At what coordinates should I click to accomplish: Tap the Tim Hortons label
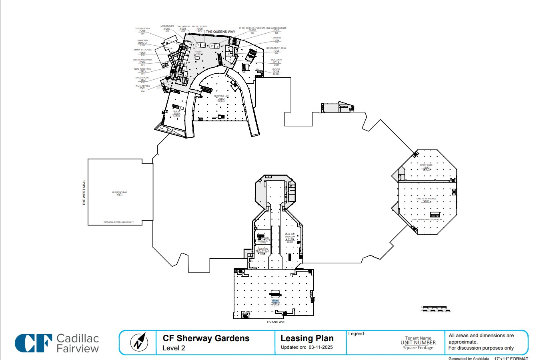142,86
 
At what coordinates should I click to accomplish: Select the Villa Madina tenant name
142,28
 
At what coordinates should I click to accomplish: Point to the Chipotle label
276,38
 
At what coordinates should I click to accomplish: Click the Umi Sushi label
276,60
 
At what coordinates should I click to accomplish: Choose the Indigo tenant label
276,69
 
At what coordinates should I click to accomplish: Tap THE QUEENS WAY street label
220,32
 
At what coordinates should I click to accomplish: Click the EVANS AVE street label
276,322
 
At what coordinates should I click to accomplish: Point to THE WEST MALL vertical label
84,193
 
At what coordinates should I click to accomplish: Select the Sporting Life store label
221,96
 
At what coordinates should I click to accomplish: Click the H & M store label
176,111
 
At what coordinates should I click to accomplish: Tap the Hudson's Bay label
120,192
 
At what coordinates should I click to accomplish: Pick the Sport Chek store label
426,165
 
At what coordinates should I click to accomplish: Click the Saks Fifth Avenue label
426,199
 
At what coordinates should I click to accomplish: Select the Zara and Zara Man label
290,235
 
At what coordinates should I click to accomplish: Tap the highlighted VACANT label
275,300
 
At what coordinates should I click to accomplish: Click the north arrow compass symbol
139,342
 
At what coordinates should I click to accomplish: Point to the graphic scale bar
435,309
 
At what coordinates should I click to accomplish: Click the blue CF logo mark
33,343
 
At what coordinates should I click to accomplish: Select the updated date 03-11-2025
321,347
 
